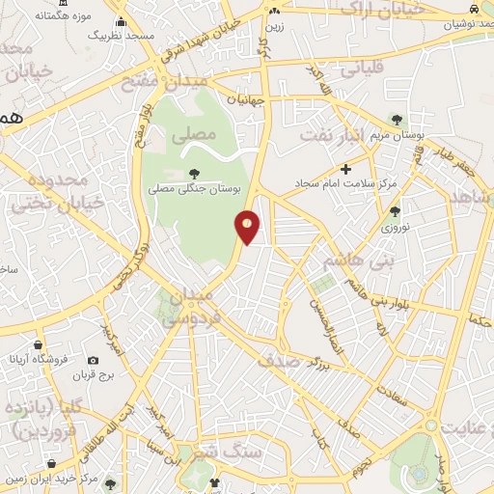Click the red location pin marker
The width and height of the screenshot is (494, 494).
coord(248,227)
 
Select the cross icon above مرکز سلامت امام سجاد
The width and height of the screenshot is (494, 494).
coord(346,169)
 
